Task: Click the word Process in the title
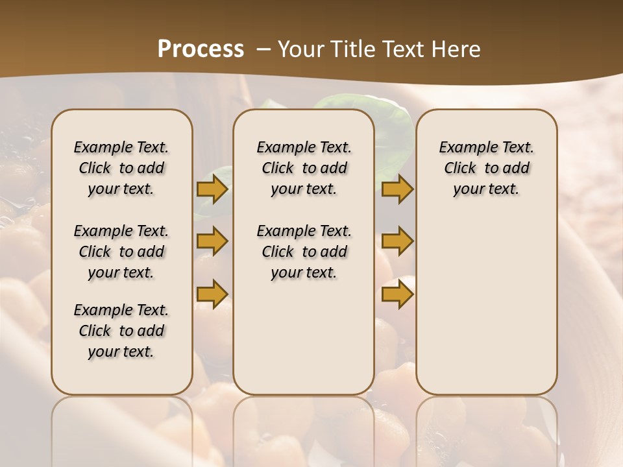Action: tap(201, 49)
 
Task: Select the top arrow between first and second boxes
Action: tap(212, 189)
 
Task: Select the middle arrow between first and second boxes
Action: tap(212, 241)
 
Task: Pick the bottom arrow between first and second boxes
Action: tap(212, 294)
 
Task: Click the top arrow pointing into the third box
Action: tap(397, 189)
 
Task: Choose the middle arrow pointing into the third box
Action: tap(397, 241)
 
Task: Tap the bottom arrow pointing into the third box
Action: tap(397, 294)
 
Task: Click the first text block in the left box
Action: tap(121, 168)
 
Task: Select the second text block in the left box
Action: tap(121, 252)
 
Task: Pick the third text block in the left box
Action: tap(121, 331)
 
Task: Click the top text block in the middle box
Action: tap(304, 168)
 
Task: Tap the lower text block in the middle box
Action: tap(304, 252)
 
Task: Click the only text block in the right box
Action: tap(486, 168)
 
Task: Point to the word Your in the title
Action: tap(298, 49)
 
